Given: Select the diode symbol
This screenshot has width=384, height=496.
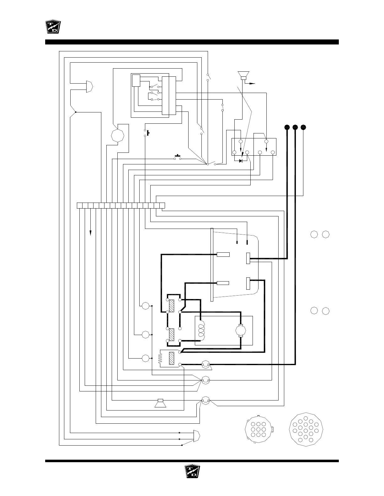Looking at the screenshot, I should click(x=241, y=161).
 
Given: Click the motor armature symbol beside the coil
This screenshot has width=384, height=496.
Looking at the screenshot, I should click(x=241, y=330).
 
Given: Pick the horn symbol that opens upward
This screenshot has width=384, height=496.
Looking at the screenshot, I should click(x=243, y=75).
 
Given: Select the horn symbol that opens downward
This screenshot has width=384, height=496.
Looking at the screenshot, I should click(x=160, y=404).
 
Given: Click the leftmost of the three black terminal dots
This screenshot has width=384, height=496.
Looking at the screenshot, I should click(x=286, y=127).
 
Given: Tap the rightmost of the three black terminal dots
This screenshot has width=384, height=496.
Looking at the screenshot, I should click(x=303, y=127).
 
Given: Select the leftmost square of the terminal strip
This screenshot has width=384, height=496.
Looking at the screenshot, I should click(x=80, y=205).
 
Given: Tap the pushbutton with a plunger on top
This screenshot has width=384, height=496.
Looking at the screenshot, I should click(x=178, y=158).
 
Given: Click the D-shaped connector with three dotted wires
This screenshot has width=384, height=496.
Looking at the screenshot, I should click(x=197, y=436).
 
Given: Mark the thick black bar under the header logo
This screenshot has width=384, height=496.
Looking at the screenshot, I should click(x=192, y=42).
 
